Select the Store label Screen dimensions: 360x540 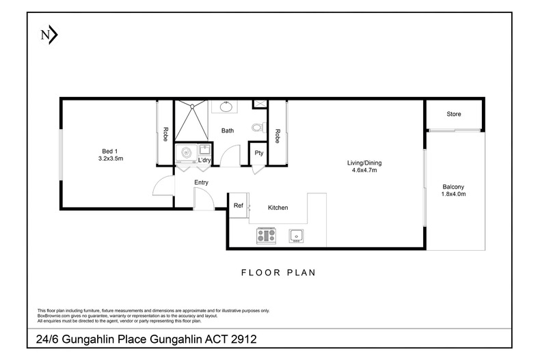pos(455,114)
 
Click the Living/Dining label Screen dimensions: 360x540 pos(362,162)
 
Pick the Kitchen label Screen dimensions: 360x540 pos(278,208)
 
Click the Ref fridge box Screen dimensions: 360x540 pos(239,206)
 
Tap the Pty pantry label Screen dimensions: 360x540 pos(259,154)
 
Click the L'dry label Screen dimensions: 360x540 pos(204,161)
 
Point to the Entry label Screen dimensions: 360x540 pos(201,182)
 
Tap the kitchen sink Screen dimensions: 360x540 pos(295,236)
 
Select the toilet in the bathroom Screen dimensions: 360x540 pos(257,127)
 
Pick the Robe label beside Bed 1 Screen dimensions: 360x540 pos(165,135)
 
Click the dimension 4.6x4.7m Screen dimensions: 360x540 pos(362,170)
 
